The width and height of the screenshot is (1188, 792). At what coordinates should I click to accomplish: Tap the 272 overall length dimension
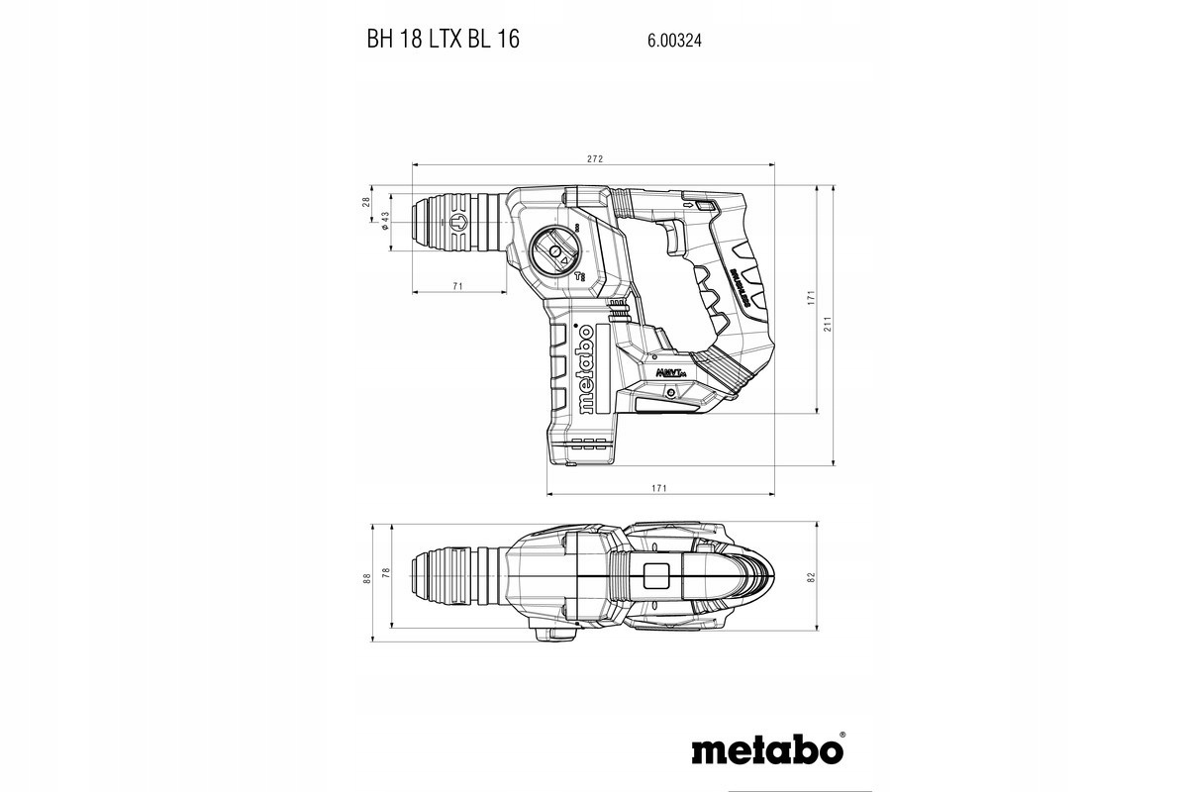594,158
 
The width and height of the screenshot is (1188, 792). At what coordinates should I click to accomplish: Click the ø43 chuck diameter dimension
384,222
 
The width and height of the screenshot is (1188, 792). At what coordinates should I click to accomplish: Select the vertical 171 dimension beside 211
810,297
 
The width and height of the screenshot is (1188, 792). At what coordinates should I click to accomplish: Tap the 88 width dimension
366,576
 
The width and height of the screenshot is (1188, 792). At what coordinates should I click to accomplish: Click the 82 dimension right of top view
810,576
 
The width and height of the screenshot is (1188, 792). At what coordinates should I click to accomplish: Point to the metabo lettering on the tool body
583,369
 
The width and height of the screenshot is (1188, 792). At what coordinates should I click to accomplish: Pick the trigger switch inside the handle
671,238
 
